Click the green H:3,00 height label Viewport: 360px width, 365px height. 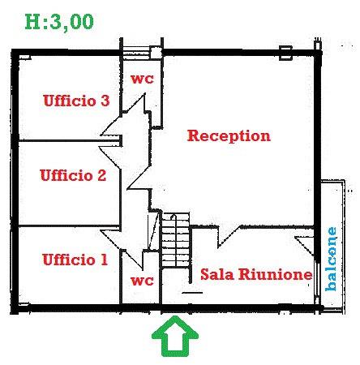59,22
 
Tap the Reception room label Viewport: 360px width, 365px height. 229,135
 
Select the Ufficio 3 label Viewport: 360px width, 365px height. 76,101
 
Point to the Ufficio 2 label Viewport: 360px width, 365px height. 73,175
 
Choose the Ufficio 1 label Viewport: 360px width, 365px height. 75,260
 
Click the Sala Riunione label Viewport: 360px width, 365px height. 256,274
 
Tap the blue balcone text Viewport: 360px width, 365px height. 332,259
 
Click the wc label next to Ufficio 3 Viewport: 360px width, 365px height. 142,79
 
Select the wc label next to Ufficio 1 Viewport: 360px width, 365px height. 142,281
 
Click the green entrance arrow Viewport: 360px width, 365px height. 175,336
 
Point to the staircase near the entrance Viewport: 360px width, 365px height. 175,240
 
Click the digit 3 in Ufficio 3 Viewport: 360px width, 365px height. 105,101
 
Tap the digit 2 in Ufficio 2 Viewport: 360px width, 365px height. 101,175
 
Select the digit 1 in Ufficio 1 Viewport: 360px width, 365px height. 104,260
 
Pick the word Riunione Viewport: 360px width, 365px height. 276,274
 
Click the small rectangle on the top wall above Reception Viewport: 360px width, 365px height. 285,53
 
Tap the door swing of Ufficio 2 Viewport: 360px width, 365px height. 109,157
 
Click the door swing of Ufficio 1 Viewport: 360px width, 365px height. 121,249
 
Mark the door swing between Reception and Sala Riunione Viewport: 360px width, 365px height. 229,237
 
